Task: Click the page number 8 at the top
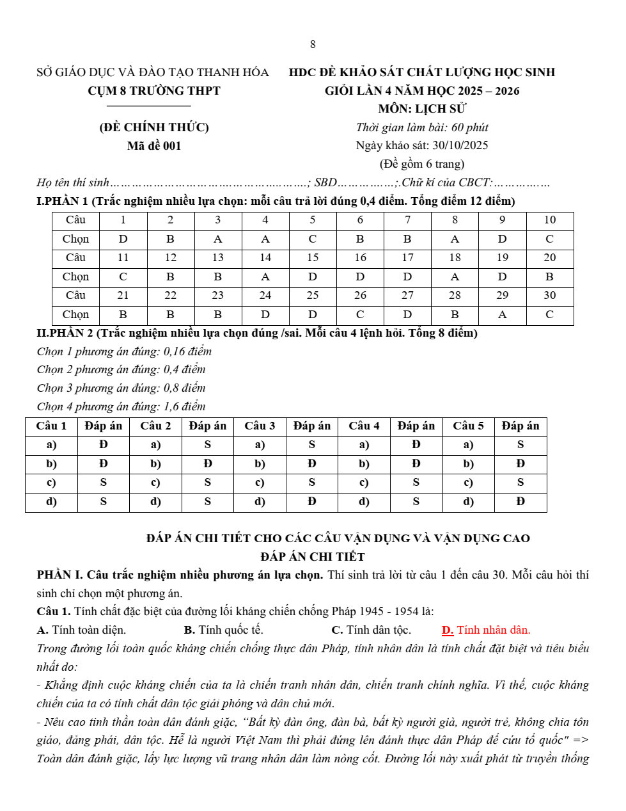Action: click(x=313, y=44)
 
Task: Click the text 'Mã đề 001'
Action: click(x=154, y=146)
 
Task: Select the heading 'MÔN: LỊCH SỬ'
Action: click(x=422, y=109)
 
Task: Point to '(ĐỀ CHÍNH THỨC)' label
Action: click(x=154, y=127)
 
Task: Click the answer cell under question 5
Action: click(x=313, y=239)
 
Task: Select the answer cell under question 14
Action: click(x=265, y=277)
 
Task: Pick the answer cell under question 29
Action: click(x=502, y=314)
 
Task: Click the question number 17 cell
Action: click(x=407, y=257)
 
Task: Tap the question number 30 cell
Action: click(x=549, y=295)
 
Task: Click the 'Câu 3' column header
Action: click(x=260, y=426)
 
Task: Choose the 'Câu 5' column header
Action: click(x=468, y=426)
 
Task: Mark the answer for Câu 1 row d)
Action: click(x=104, y=501)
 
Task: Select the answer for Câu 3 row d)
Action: click(x=311, y=501)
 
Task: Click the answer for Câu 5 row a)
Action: click(x=520, y=444)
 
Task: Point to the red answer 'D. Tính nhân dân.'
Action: click(x=486, y=630)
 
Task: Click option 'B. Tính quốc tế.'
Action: click(x=223, y=630)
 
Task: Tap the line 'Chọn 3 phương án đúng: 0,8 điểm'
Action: click(x=121, y=388)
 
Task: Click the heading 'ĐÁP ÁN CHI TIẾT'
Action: click(x=313, y=557)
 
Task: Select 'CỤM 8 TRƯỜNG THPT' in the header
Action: click(x=154, y=91)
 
